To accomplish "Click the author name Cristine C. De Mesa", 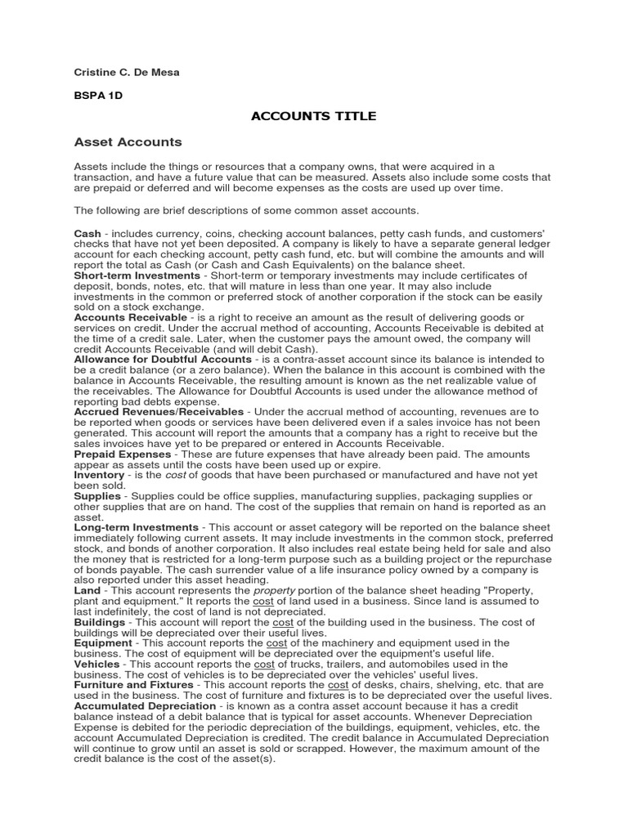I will pyautogui.click(x=127, y=73).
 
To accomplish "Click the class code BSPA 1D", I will pyautogui.click(x=97, y=95).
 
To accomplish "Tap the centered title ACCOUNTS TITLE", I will pyautogui.click(x=313, y=116).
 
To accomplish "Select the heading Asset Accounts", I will pyautogui.click(x=128, y=142).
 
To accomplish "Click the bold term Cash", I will pyautogui.click(x=87, y=234).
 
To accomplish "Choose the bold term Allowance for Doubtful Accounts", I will pyautogui.click(x=163, y=359).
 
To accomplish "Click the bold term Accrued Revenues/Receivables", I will pyautogui.click(x=159, y=411).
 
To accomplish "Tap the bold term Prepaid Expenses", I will pyautogui.click(x=123, y=454).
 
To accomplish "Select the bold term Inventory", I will pyautogui.click(x=99, y=475).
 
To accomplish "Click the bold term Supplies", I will pyautogui.click(x=97, y=496).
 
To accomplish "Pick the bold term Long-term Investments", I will pyautogui.click(x=136, y=527).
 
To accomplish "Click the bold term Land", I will pyautogui.click(x=87, y=590).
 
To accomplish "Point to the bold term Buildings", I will pyautogui.click(x=100, y=622).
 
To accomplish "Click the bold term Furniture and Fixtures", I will pyautogui.click(x=133, y=685).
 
